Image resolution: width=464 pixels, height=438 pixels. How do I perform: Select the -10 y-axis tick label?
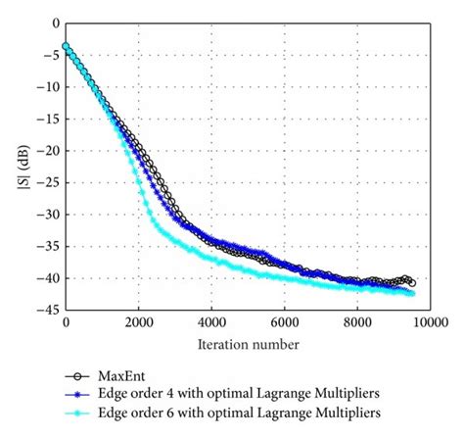pyautogui.click(x=50, y=87)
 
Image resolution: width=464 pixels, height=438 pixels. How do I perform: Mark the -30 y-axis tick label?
pyautogui.click(x=50, y=215)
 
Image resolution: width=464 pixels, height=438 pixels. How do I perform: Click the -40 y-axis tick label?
pyautogui.click(x=50, y=278)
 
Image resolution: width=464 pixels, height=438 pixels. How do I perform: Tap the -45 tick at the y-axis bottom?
pyautogui.click(x=50, y=311)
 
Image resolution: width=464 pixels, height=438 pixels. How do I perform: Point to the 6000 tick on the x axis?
pyautogui.click(x=284, y=322)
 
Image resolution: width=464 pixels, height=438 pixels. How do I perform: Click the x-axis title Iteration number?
pyautogui.click(x=247, y=344)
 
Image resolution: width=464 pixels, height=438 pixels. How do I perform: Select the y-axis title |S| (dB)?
pyautogui.click(x=22, y=167)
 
